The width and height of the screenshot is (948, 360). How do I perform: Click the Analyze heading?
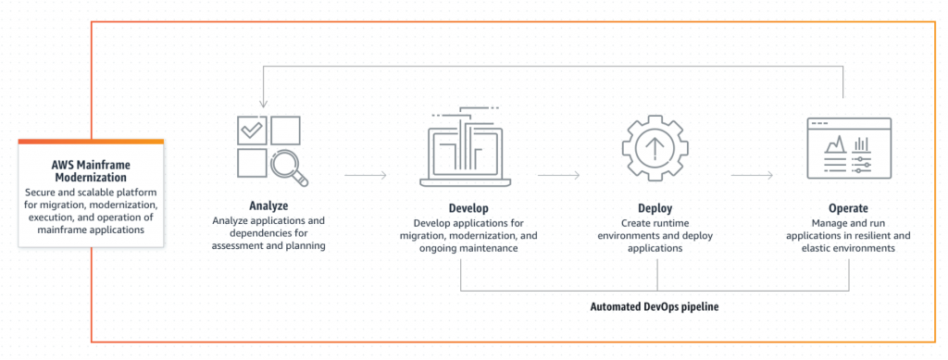coord(268,205)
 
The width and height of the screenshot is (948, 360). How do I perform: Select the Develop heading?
coord(463,208)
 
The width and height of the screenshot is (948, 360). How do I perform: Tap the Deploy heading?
coord(655,208)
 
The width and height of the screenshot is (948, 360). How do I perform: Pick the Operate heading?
coord(848,208)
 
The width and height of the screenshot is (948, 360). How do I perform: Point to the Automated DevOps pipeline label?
coord(655,305)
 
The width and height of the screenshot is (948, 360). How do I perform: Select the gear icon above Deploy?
coord(655,148)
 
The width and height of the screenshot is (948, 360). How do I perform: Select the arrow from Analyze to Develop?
coord(365,173)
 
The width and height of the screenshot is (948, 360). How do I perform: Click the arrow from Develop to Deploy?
coord(558,173)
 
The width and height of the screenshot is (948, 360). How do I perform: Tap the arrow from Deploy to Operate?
coord(751,173)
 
